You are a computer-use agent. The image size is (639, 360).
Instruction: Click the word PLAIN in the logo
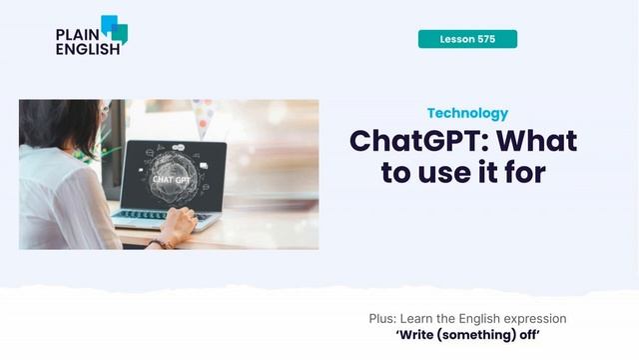[x=76, y=33]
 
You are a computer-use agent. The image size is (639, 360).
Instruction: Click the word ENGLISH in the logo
[x=87, y=47]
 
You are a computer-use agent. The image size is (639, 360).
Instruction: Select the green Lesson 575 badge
[x=467, y=39]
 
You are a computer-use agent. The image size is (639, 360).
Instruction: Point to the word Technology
[x=467, y=114]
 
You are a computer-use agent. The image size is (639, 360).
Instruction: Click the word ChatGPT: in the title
[x=420, y=141]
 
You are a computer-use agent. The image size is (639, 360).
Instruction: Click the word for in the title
[x=524, y=172]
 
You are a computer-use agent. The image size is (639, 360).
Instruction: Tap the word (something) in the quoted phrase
[x=483, y=335]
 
